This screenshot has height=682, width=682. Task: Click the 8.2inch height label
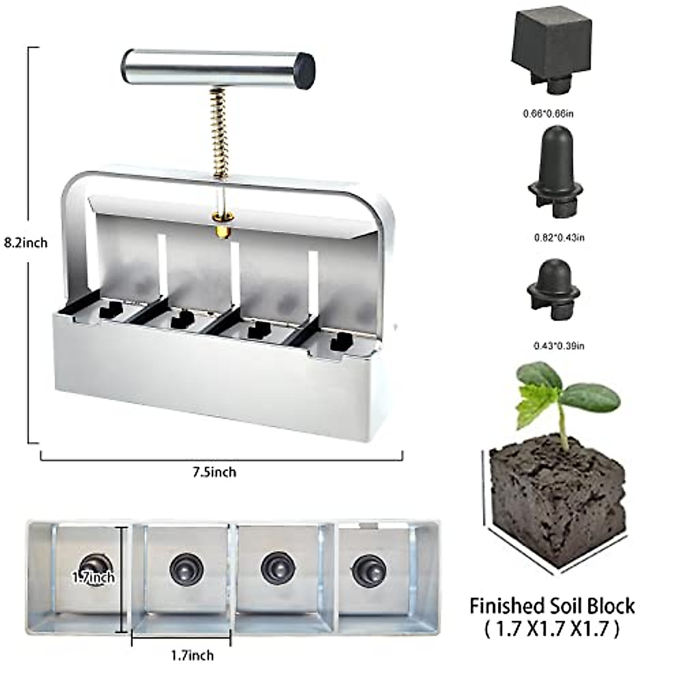tap(26, 243)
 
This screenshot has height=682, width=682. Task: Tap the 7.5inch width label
tap(214, 472)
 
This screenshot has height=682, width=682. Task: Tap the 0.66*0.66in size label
tap(548, 114)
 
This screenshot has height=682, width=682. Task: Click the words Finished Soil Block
tap(551, 606)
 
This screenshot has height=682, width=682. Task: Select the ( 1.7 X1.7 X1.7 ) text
tap(551, 629)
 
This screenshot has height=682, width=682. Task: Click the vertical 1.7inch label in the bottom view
tap(94, 577)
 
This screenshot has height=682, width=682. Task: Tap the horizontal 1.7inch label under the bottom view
tap(192, 655)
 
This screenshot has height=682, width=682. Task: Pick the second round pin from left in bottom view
tap(186, 567)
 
